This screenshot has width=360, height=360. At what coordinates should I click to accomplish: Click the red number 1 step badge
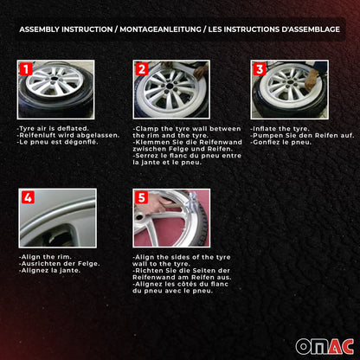coord(25,68)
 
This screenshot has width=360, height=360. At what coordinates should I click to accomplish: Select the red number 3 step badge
coord(258,68)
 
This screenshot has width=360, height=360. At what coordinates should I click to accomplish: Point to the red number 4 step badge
coord(28,197)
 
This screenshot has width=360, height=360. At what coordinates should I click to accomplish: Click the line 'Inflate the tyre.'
coord(278,128)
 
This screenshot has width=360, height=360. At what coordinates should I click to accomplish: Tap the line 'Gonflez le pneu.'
coord(277,141)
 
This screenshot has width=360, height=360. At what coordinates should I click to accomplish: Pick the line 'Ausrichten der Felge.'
coord(53,263)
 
